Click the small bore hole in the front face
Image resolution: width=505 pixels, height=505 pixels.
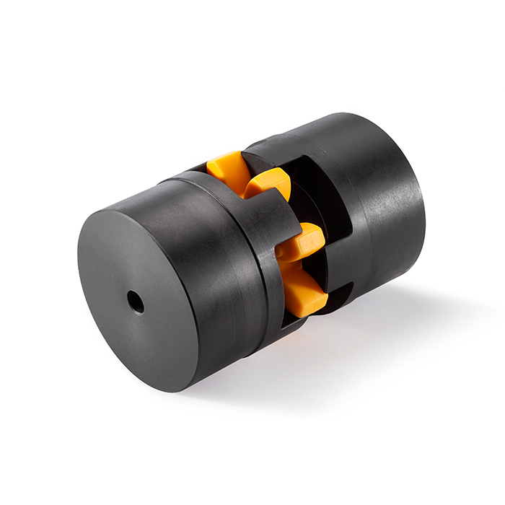click(136, 301)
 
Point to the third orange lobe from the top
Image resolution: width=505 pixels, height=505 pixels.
click(302, 242)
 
